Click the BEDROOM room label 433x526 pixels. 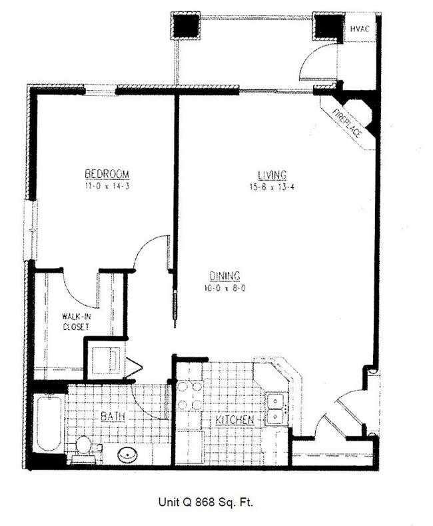click(x=106, y=174)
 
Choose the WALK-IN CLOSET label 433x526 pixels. click(x=77, y=322)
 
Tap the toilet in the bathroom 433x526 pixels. click(x=84, y=445)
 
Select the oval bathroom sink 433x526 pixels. click(x=127, y=455)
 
